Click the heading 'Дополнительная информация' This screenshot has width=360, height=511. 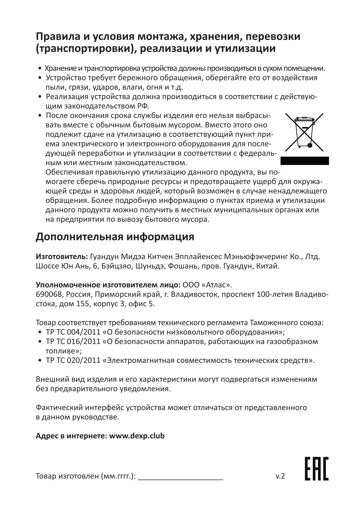[115, 237]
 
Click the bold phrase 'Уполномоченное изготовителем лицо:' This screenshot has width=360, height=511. [108, 284]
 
